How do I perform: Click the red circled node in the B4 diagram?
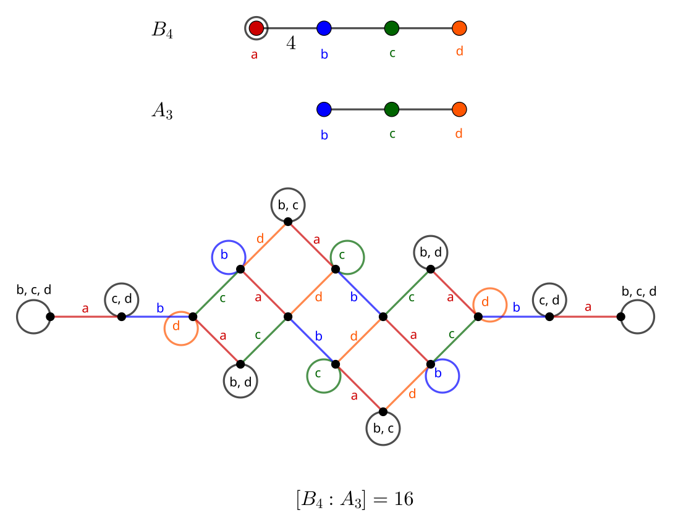pyautogui.click(x=256, y=28)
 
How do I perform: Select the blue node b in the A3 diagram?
pyautogui.click(x=324, y=109)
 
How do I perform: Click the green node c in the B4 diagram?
pyautogui.click(x=391, y=28)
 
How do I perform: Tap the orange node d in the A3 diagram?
pyautogui.click(x=459, y=109)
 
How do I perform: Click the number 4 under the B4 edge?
pyautogui.click(x=290, y=44)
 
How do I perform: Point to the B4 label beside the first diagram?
pyautogui.click(x=162, y=30)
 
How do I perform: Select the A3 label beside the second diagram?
pyautogui.click(x=162, y=112)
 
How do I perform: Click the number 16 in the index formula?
pyautogui.click(x=404, y=499)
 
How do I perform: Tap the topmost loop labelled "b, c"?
pyautogui.click(x=288, y=205)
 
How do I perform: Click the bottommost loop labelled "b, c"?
pyautogui.click(x=383, y=428)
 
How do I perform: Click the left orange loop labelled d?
pyautogui.click(x=180, y=328)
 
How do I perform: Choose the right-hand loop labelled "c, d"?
pyautogui.click(x=549, y=300)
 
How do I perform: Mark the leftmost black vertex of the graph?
pyautogui.click(x=50, y=317)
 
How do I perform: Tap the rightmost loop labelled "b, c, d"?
pyautogui.click(x=637, y=317)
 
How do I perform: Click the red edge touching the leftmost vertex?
pyautogui.click(x=86, y=317)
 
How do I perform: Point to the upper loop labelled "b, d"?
pyautogui.click(x=430, y=253)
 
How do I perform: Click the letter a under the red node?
pyautogui.click(x=254, y=55)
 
